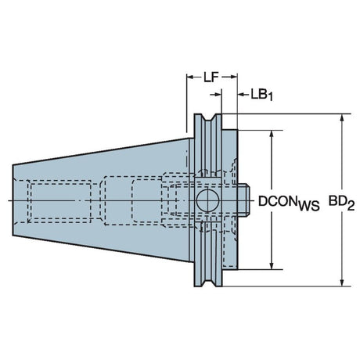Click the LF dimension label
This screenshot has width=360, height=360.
pyautogui.click(x=211, y=77)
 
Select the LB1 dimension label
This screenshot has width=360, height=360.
pyautogui.click(x=261, y=95)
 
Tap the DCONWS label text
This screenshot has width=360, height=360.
pyautogui.click(x=289, y=203)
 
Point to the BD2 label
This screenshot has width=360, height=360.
pyautogui.click(x=341, y=203)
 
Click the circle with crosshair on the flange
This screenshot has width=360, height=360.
pyautogui.click(x=207, y=201)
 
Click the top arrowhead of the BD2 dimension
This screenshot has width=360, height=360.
pyautogui.click(x=342, y=118)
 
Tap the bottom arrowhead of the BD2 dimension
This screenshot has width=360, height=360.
pyautogui.click(x=342, y=283)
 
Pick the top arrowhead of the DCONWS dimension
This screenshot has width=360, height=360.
pyautogui.click(x=272, y=134)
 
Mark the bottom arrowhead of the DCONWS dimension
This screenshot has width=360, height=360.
pyautogui.click(x=272, y=265)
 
